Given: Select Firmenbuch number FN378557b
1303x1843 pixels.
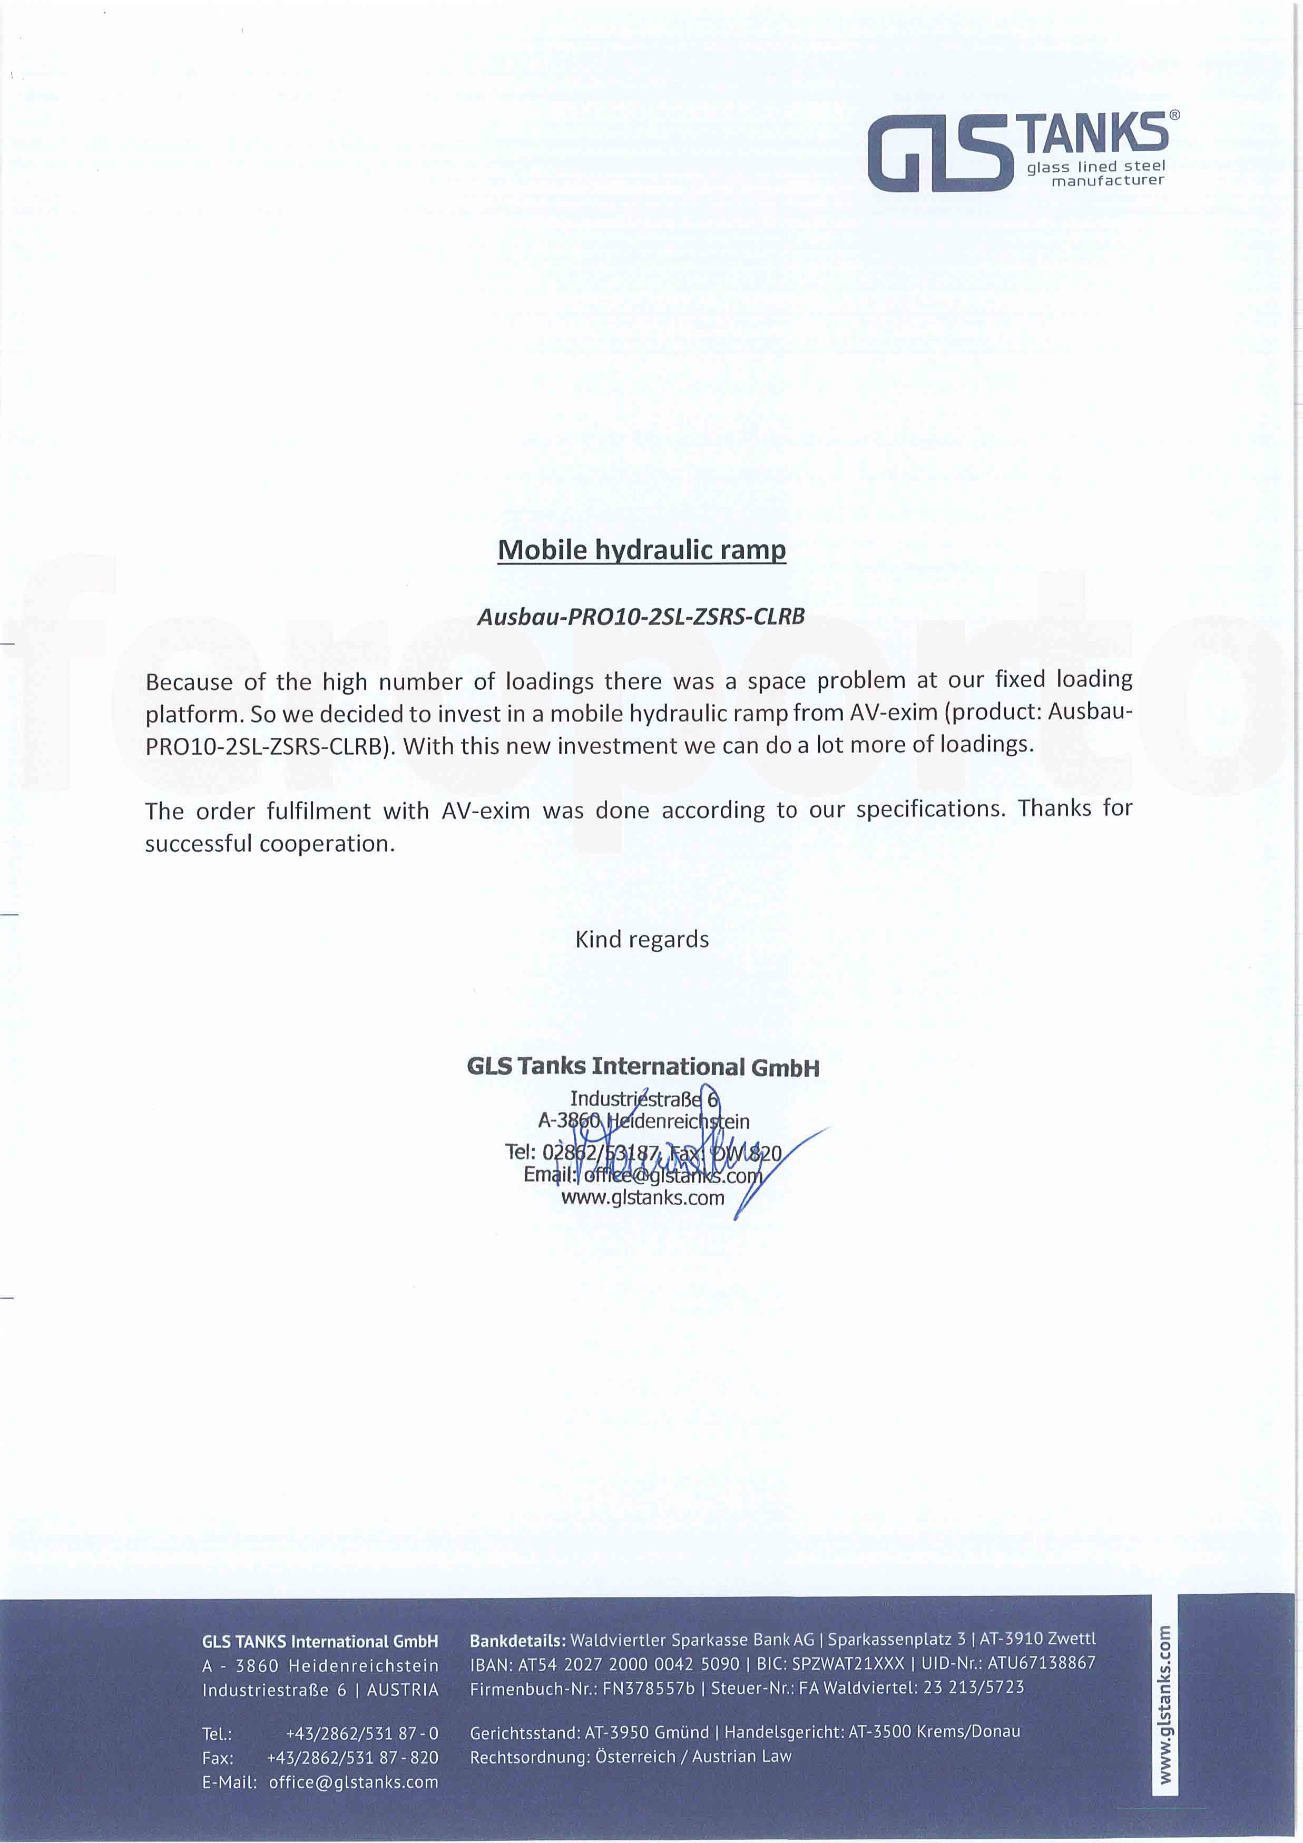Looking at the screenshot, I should coord(648,1688).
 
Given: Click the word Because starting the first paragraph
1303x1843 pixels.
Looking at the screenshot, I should coord(189,682).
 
